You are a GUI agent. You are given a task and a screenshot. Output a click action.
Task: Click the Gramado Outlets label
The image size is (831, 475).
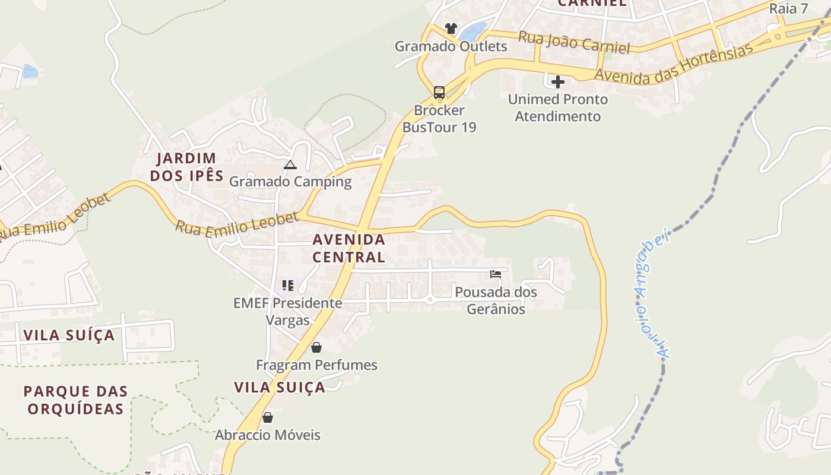[451, 46]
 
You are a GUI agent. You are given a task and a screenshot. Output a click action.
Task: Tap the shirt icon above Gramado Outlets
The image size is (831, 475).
[451, 28]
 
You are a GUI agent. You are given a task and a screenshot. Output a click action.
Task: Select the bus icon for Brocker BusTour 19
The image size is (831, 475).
[439, 93]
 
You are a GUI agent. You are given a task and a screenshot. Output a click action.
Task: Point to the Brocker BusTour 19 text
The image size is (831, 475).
[439, 119]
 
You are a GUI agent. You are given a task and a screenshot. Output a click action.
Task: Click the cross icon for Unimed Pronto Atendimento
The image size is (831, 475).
[558, 81]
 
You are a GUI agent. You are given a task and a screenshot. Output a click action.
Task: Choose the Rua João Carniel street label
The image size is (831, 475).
[574, 42]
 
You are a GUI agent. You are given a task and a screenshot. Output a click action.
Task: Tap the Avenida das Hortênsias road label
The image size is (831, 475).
[673, 64]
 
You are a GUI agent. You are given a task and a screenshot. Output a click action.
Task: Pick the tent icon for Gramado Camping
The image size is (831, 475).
[290, 164]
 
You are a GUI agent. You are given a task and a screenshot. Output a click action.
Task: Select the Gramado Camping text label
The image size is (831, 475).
[290, 182]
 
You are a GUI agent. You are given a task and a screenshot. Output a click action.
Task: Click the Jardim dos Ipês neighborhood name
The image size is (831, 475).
[186, 167]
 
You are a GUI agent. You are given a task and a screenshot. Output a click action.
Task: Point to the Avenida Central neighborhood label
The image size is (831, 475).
[349, 248]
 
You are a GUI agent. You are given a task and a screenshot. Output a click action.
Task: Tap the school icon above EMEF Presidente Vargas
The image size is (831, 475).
[288, 286]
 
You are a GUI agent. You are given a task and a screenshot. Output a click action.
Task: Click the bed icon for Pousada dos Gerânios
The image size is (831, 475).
[496, 274]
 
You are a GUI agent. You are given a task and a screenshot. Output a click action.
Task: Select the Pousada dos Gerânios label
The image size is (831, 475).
[496, 300]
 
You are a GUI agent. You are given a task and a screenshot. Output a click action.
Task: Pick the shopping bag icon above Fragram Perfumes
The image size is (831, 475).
[316, 347]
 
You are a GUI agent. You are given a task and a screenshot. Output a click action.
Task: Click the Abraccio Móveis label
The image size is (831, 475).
[267, 435]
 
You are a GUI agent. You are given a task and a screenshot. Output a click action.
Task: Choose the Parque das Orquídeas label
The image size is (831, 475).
[76, 400]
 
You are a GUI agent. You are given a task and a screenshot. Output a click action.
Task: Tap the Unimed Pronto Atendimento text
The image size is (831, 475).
[558, 107]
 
